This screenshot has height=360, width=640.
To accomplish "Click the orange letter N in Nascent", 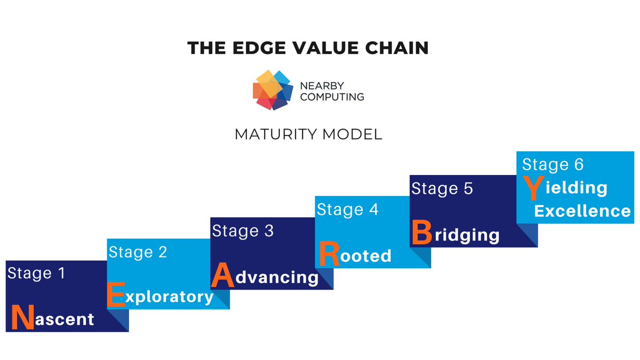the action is tap(21, 317).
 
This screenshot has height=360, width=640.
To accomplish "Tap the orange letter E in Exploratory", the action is tap(116, 295).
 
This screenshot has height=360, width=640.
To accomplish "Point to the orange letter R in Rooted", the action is tap(329, 254).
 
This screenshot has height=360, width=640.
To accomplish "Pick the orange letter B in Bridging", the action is tap(421, 233).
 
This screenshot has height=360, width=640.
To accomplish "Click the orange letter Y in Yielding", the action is tap(531, 187).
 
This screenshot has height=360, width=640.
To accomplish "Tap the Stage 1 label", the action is tap(36, 274).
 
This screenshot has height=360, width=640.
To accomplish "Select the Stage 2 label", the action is tap(138, 252).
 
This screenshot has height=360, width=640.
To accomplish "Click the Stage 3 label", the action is tap(243, 231).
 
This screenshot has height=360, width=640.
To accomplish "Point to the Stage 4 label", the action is tap(347, 210).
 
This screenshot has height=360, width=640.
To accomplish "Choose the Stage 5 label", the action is tap(442, 189).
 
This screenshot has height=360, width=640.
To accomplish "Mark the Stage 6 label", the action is tap(553, 164).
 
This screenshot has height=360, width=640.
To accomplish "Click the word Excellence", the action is tap(582, 211).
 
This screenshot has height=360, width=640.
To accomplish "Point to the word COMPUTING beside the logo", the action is tap(332, 97).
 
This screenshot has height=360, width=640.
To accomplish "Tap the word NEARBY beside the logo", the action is tap(323, 86).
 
